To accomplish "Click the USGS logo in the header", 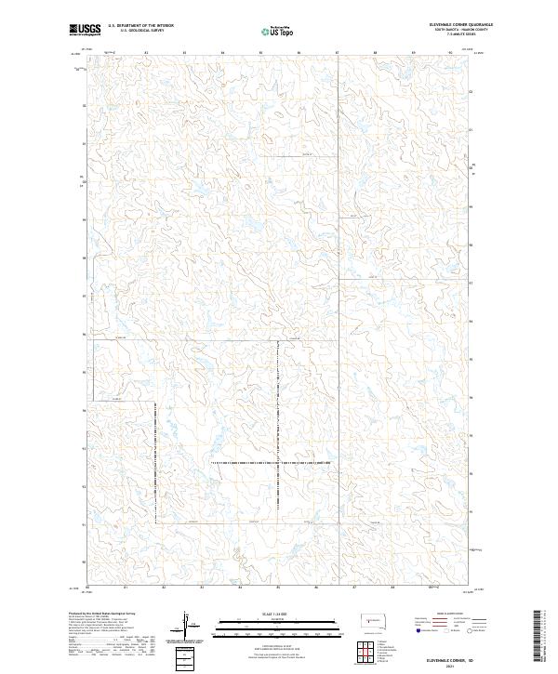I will (x=85, y=30).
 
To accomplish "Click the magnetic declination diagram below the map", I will (x=185, y=625).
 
